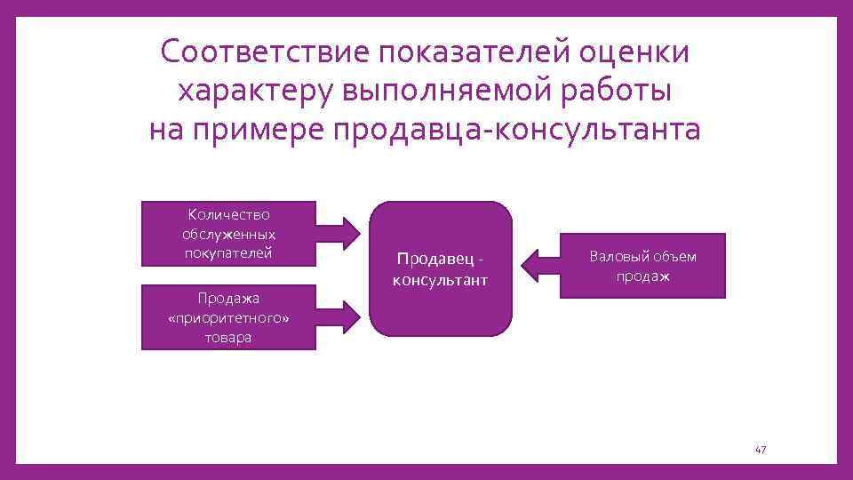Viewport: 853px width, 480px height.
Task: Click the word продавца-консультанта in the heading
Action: tap(516, 130)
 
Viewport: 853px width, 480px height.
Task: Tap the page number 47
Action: tap(760, 451)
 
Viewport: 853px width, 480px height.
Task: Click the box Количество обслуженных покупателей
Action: tap(228, 234)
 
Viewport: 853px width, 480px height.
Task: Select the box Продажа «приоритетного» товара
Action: tap(228, 317)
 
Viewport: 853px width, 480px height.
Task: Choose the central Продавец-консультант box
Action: tap(442, 268)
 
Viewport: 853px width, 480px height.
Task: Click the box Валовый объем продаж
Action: tap(642, 266)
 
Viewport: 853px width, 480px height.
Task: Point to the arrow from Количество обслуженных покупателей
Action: tap(342, 233)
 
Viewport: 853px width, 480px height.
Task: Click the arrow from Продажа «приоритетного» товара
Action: tap(342, 316)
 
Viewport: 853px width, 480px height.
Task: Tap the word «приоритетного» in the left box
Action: tap(228, 318)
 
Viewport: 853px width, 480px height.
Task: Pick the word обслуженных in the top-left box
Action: tap(228, 235)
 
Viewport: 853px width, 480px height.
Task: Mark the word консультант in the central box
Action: tap(442, 280)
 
